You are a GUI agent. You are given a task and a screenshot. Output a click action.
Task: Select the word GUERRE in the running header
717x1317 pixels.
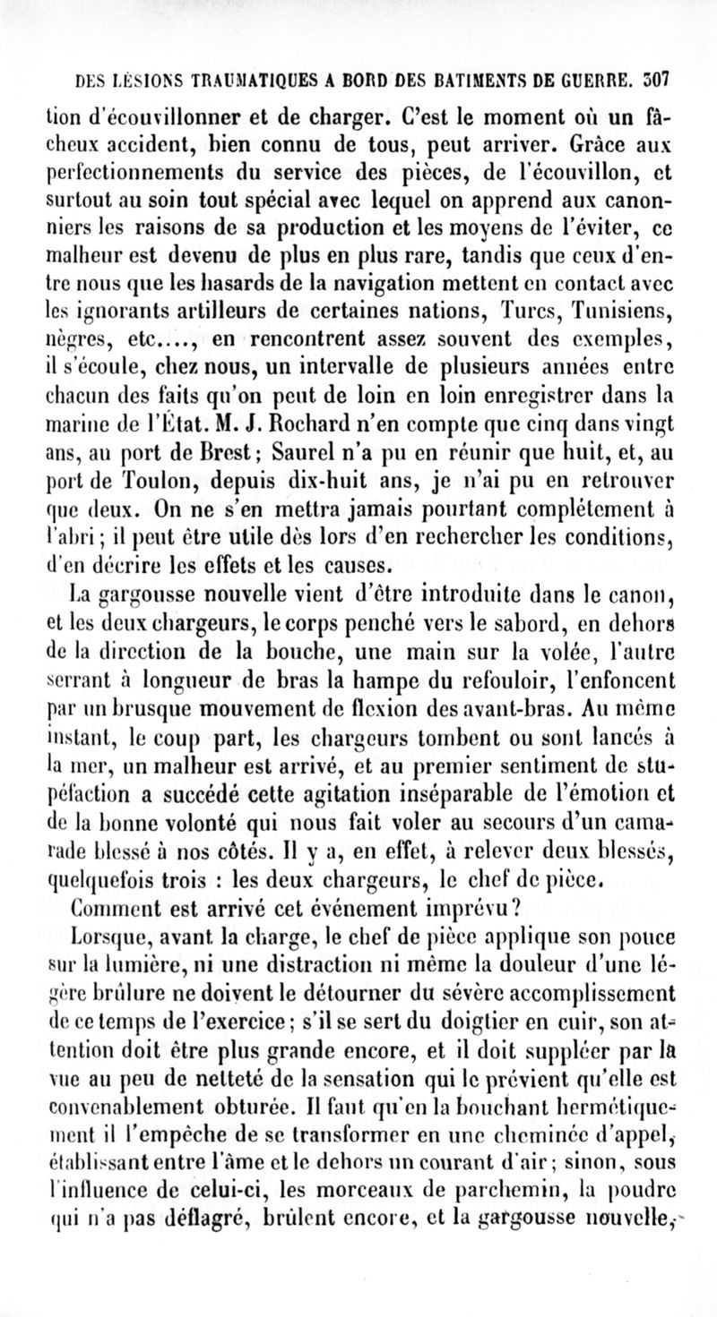[609, 79]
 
